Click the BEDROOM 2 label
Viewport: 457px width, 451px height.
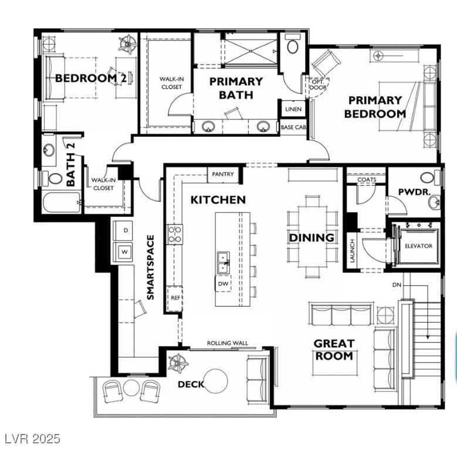[x=91, y=78]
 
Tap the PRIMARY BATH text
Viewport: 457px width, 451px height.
[x=236, y=88]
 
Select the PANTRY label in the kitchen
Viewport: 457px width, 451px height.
[x=223, y=174]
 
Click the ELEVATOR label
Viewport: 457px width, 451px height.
[x=418, y=246]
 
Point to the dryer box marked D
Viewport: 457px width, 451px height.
[x=124, y=230]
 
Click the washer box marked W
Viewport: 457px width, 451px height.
[x=124, y=251]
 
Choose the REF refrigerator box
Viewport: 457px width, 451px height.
[x=175, y=298]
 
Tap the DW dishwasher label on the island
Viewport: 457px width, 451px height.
[x=223, y=284]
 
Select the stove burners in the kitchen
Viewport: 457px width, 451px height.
[x=175, y=234]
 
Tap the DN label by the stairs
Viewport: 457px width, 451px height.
[x=397, y=285]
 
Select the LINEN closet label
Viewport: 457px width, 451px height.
[x=293, y=110]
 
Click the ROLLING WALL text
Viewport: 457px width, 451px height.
[x=228, y=343]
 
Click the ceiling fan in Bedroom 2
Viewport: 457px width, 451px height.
[x=126, y=42]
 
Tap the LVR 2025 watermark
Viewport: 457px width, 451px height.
[x=31, y=439]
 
